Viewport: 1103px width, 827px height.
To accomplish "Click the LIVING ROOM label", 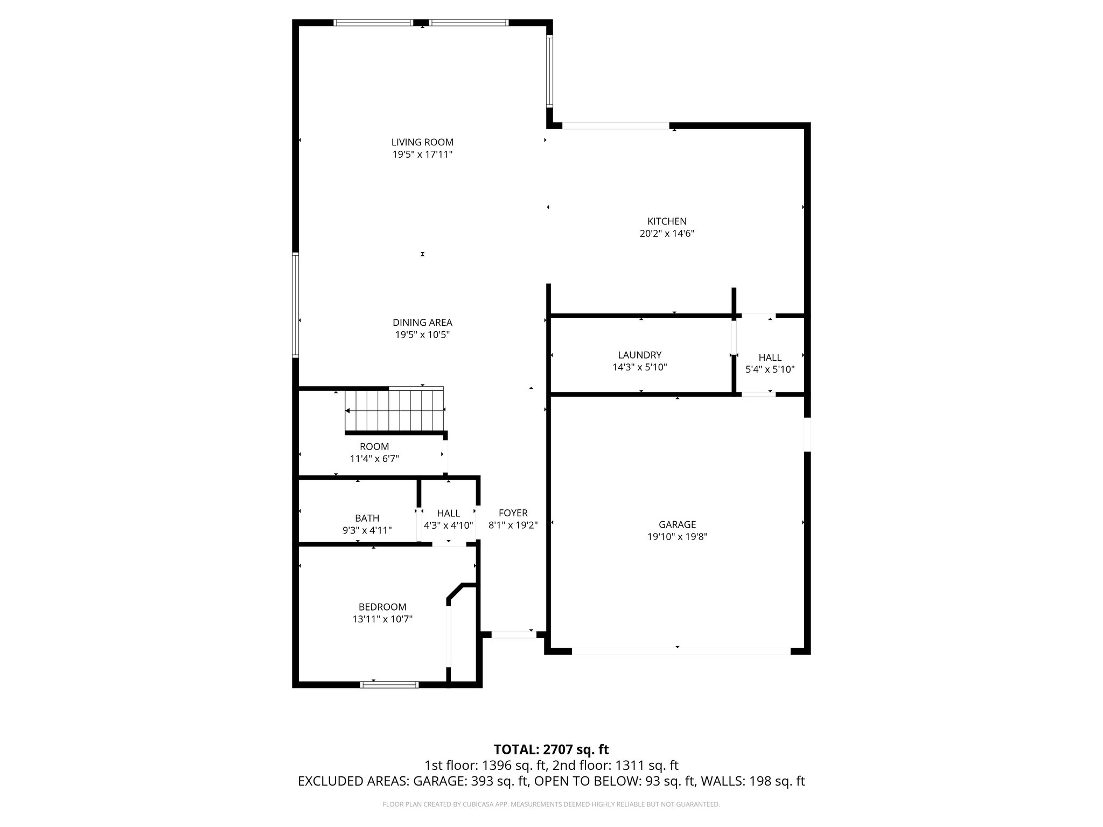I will click(x=422, y=142).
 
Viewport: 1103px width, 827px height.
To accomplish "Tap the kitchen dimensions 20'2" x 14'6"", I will click(x=667, y=234).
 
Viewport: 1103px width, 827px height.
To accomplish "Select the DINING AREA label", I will click(x=422, y=323).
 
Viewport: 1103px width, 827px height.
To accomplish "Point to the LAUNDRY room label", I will click(x=639, y=355).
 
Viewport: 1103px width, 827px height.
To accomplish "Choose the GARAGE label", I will click(x=677, y=524).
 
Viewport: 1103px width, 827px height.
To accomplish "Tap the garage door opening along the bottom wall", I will click(x=681, y=651).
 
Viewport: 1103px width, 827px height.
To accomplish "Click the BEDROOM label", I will click(x=382, y=607).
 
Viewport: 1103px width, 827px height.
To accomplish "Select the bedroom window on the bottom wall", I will click(x=389, y=685).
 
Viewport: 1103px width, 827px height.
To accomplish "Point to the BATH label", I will click(x=367, y=518).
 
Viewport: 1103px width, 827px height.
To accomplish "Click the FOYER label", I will click(x=513, y=513).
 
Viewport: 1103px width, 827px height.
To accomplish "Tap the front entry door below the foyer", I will click(x=514, y=634).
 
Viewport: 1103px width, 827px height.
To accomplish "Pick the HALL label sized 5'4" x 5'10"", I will click(x=770, y=358).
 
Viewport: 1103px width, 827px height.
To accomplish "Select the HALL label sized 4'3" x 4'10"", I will click(x=448, y=514).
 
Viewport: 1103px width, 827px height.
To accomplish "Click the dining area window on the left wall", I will click(x=296, y=305).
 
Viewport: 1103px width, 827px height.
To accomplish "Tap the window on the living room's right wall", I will click(x=549, y=71).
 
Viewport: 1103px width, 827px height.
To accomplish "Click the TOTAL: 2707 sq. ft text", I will click(x=551, y=749).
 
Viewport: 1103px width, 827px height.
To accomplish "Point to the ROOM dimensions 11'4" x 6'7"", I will click(x=374, y=459).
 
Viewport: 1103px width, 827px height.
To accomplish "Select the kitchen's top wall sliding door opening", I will click(x=616, y=126).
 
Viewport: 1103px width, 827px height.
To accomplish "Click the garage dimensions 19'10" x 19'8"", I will click(x=677, y=537).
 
